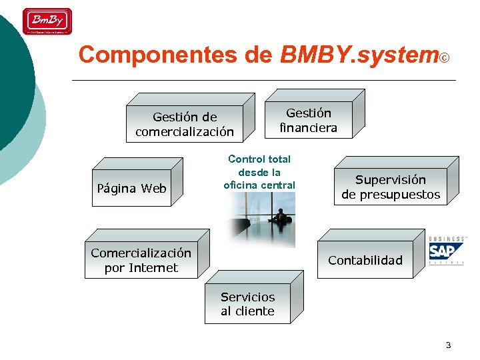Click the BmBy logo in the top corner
tap(47, 21)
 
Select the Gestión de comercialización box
tap(185, 124)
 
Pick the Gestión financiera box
tap(308, 120)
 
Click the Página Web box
tap(131, 189)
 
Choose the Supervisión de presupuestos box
tap(391, 187)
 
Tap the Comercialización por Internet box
tap(141, 260)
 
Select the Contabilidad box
tap(365, 260)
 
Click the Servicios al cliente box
tap(248, 304)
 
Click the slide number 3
tap(448, 345)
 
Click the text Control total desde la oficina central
tap(259, 172)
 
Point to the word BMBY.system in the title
tap(359, 55)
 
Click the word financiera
tap(308, 127)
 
